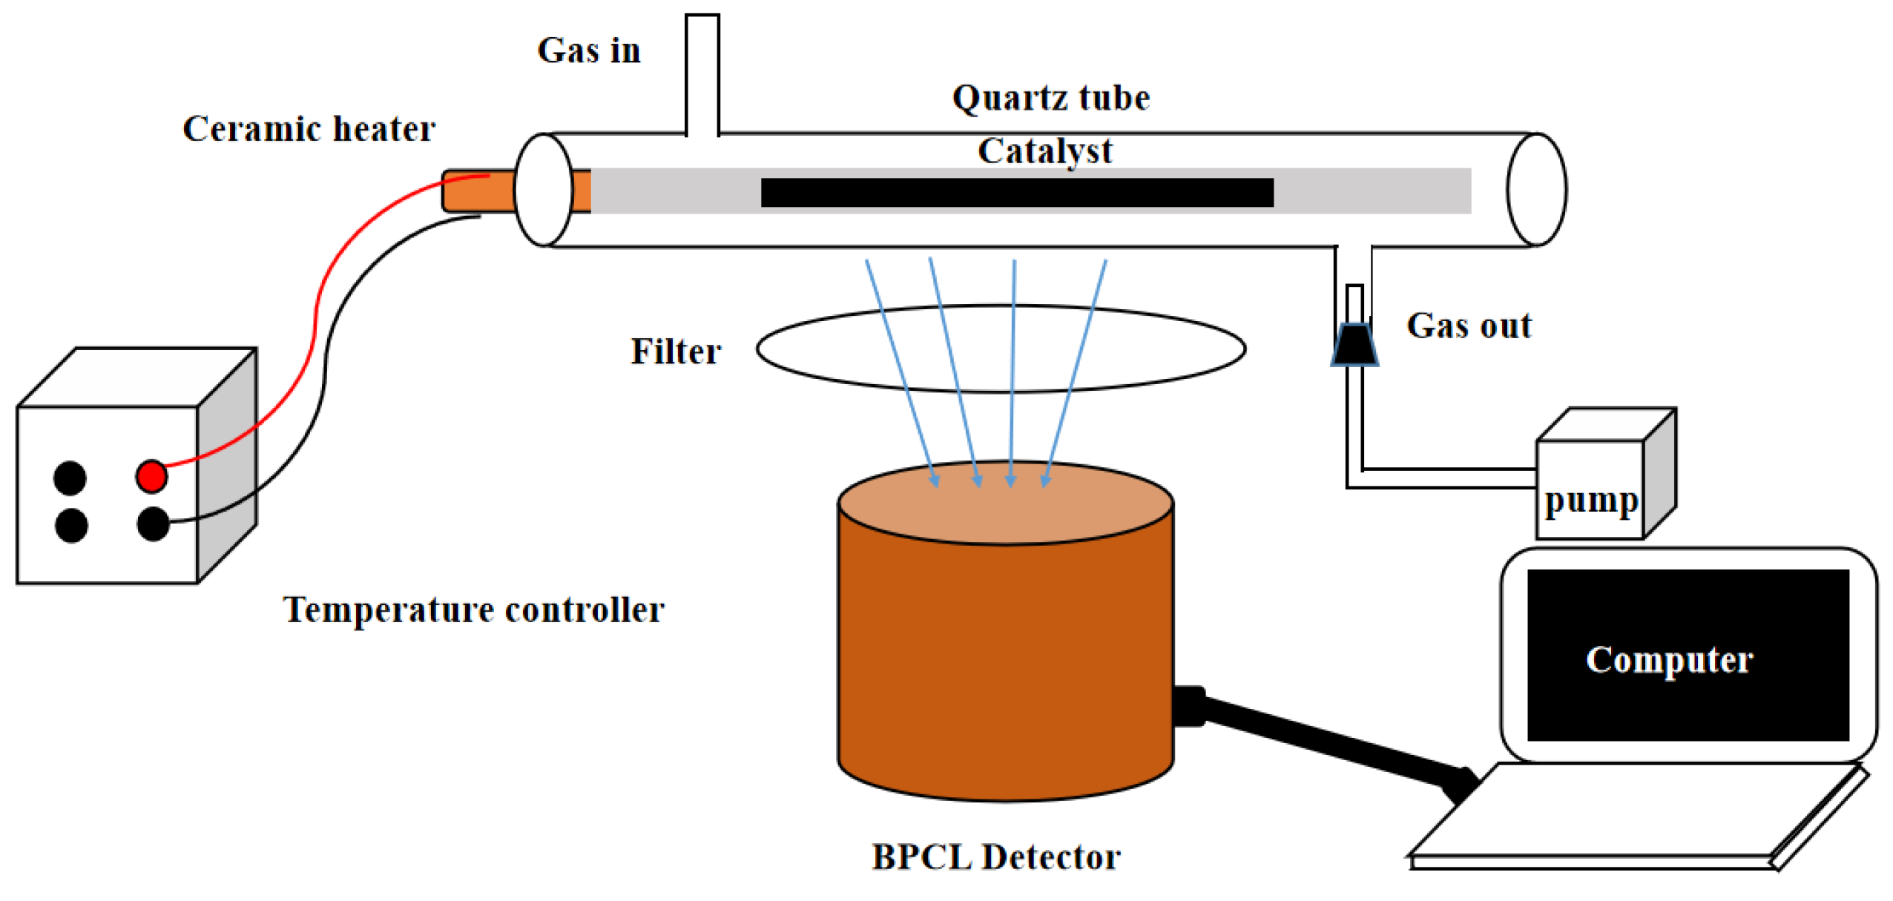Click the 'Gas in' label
point(588,51)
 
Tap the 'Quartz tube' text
point(1050,99)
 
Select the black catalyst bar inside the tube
point(1016,193)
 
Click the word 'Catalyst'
point(1044,152)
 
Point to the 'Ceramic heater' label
point(309,130)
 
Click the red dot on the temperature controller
point(151,476)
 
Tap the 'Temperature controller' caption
point(473,610)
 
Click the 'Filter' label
point(675,352)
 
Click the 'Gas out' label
point(1468,326)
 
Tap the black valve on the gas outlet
point(1354,345)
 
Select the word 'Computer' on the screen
point(1668,659)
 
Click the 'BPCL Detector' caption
point(995,857)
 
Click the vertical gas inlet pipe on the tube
point(702,74)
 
